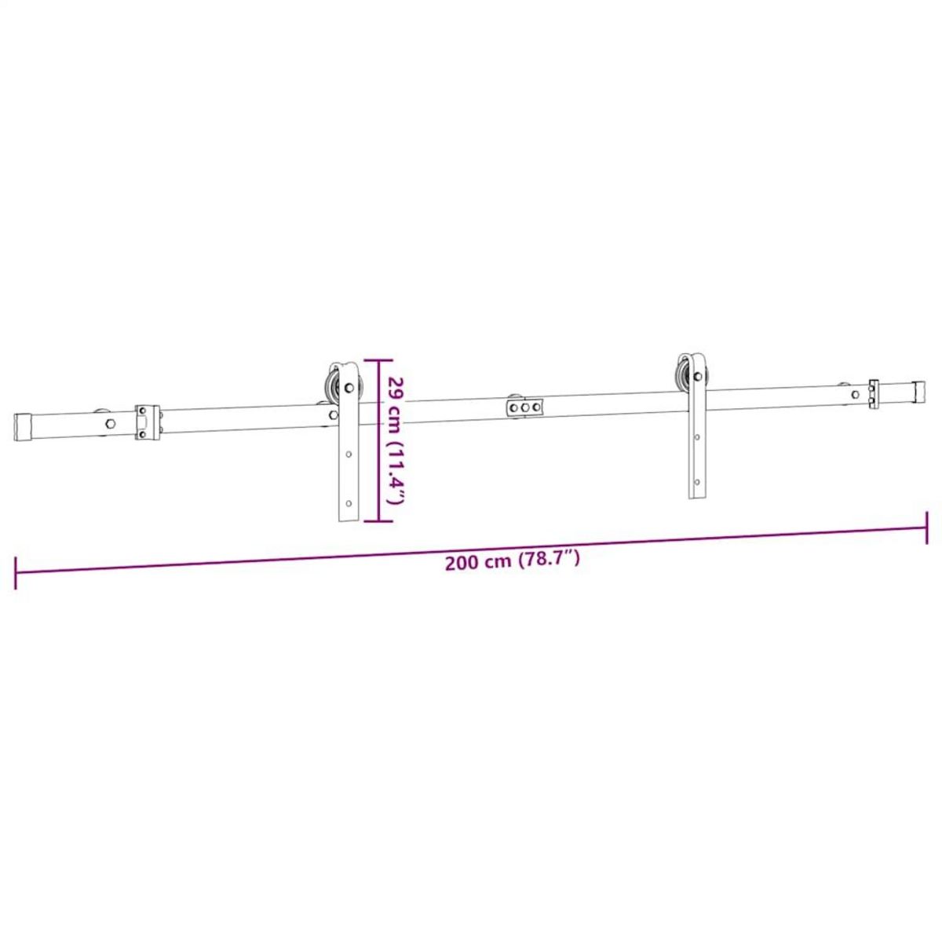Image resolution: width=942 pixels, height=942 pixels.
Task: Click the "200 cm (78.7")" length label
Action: click(512, 560)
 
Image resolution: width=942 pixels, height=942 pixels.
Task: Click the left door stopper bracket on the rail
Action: click(147, 422)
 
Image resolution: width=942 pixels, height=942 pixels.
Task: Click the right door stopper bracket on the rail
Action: click(874, 394)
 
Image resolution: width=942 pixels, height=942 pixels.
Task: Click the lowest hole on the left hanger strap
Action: click(349, 503)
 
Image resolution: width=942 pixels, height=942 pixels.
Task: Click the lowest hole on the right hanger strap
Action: click(697, 480)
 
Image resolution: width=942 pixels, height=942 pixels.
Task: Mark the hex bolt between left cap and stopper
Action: click(111, 422)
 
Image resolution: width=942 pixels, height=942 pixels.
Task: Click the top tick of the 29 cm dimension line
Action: click(380, 360)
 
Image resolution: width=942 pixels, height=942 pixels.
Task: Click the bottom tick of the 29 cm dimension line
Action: click(380, 521)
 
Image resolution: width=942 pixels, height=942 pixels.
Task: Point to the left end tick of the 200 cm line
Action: click(15, 572)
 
